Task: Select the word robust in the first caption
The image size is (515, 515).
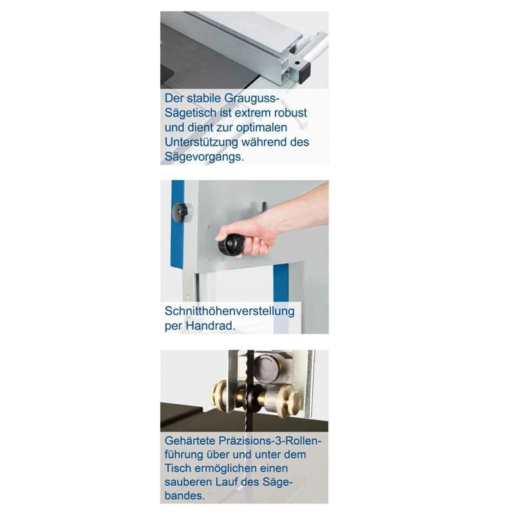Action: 288,113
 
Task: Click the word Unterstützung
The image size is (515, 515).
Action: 206,142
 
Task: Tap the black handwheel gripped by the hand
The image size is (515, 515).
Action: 231,244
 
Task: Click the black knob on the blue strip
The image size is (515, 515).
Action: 181,211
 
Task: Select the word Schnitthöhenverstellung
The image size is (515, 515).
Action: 230,311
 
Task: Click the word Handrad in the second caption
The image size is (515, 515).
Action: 211,326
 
